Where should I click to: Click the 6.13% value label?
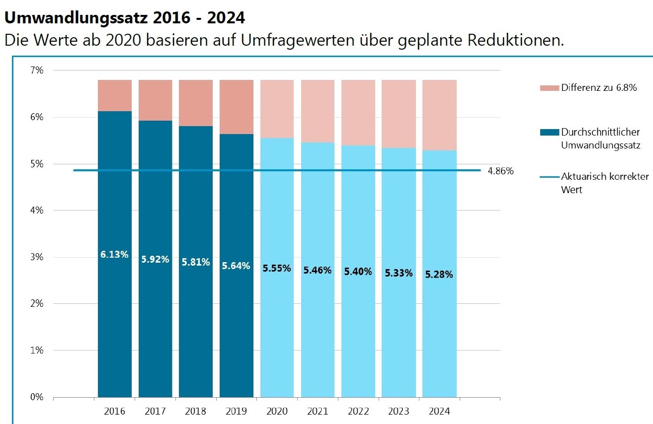[x=114, y=254]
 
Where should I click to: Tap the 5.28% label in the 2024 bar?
[x=439, y=274]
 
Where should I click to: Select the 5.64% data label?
[x=236, y=266]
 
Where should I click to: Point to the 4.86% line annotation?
[x=501, y=171]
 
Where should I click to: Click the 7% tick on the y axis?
[x=37, y=71]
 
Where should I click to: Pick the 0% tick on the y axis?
[x=37, y=397]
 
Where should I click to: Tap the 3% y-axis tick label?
[x=37, y=257]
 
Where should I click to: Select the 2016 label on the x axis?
[x=114, y=411]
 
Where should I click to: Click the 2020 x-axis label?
[x=277, y=411]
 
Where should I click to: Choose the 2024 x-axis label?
[x=439, y=411]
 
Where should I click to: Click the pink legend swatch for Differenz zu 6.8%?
[x=549, y=88]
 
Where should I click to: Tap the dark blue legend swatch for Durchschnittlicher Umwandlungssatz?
[x=549, y=133]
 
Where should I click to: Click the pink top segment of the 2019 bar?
[x=236, y=107]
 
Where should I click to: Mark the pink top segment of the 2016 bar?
[x=114, y=95]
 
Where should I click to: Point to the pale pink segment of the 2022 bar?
[x=358, y=112]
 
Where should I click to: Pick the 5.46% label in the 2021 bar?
[x=317, y=271]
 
